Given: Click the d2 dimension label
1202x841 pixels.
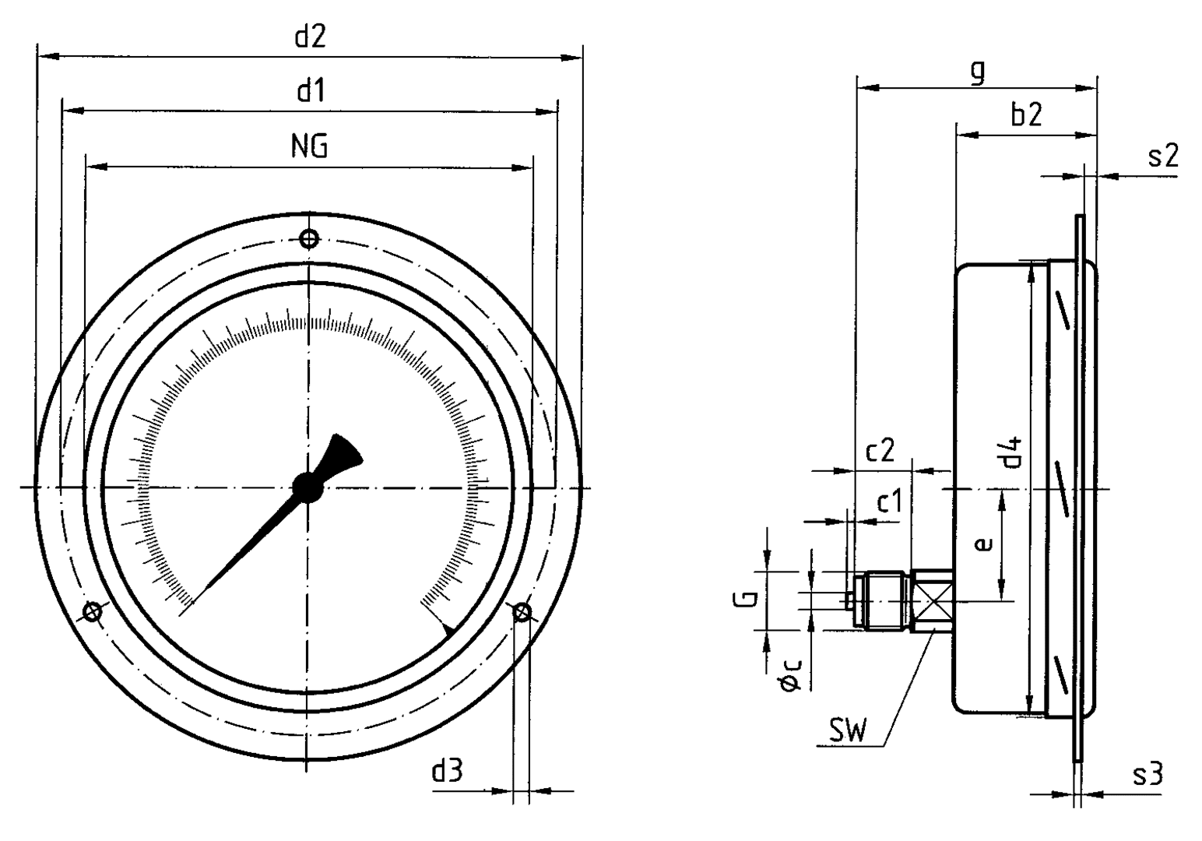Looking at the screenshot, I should point(310,38).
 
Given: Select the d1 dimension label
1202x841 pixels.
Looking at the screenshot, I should point(310,93).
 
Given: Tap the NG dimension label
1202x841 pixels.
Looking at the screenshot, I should point(309,147).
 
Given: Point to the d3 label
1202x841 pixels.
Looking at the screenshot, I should point(448,772).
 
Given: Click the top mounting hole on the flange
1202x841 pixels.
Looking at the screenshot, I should point(309,238).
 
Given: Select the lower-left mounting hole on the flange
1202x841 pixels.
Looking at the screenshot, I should point(93,612).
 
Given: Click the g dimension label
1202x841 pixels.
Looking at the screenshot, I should point(978,72).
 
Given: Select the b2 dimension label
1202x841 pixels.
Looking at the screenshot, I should point(1026,115).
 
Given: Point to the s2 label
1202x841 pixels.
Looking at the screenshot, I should point(1163,157).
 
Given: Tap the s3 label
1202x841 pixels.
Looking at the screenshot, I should point(1148,774).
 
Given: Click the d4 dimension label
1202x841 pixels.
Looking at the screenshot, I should point(1010,452).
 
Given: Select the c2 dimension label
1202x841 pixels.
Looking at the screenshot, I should point(880,452).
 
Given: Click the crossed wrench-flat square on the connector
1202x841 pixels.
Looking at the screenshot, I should point(932,601).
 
